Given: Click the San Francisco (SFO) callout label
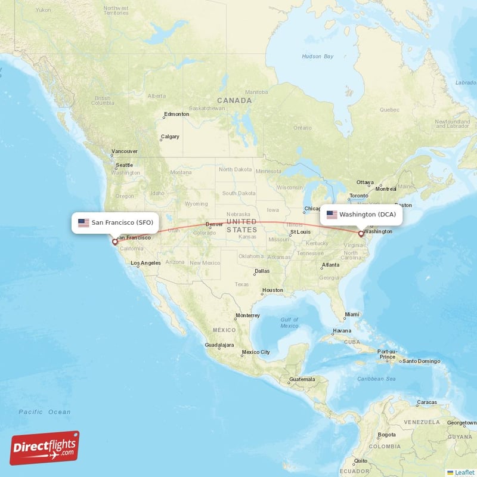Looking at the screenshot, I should [116, 222].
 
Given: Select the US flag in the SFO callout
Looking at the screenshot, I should [83, 223].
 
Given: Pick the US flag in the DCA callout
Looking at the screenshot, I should [332, 215].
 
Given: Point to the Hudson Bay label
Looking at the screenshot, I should [317, 57].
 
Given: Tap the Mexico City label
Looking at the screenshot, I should [256, 352].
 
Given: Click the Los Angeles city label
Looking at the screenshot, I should [145, 263].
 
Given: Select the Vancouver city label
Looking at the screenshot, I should [125, 151].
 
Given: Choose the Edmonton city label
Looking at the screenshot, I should [176, 114].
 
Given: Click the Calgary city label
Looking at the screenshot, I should [170, 137].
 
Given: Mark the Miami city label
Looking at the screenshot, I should [352, 314].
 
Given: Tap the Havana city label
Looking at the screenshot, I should [342, 330].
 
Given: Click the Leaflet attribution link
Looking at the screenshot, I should [464, 472].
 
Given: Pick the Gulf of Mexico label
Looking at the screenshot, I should [289, 323].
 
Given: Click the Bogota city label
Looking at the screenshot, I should [386, 435].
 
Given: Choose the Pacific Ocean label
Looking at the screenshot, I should [44, 412].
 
